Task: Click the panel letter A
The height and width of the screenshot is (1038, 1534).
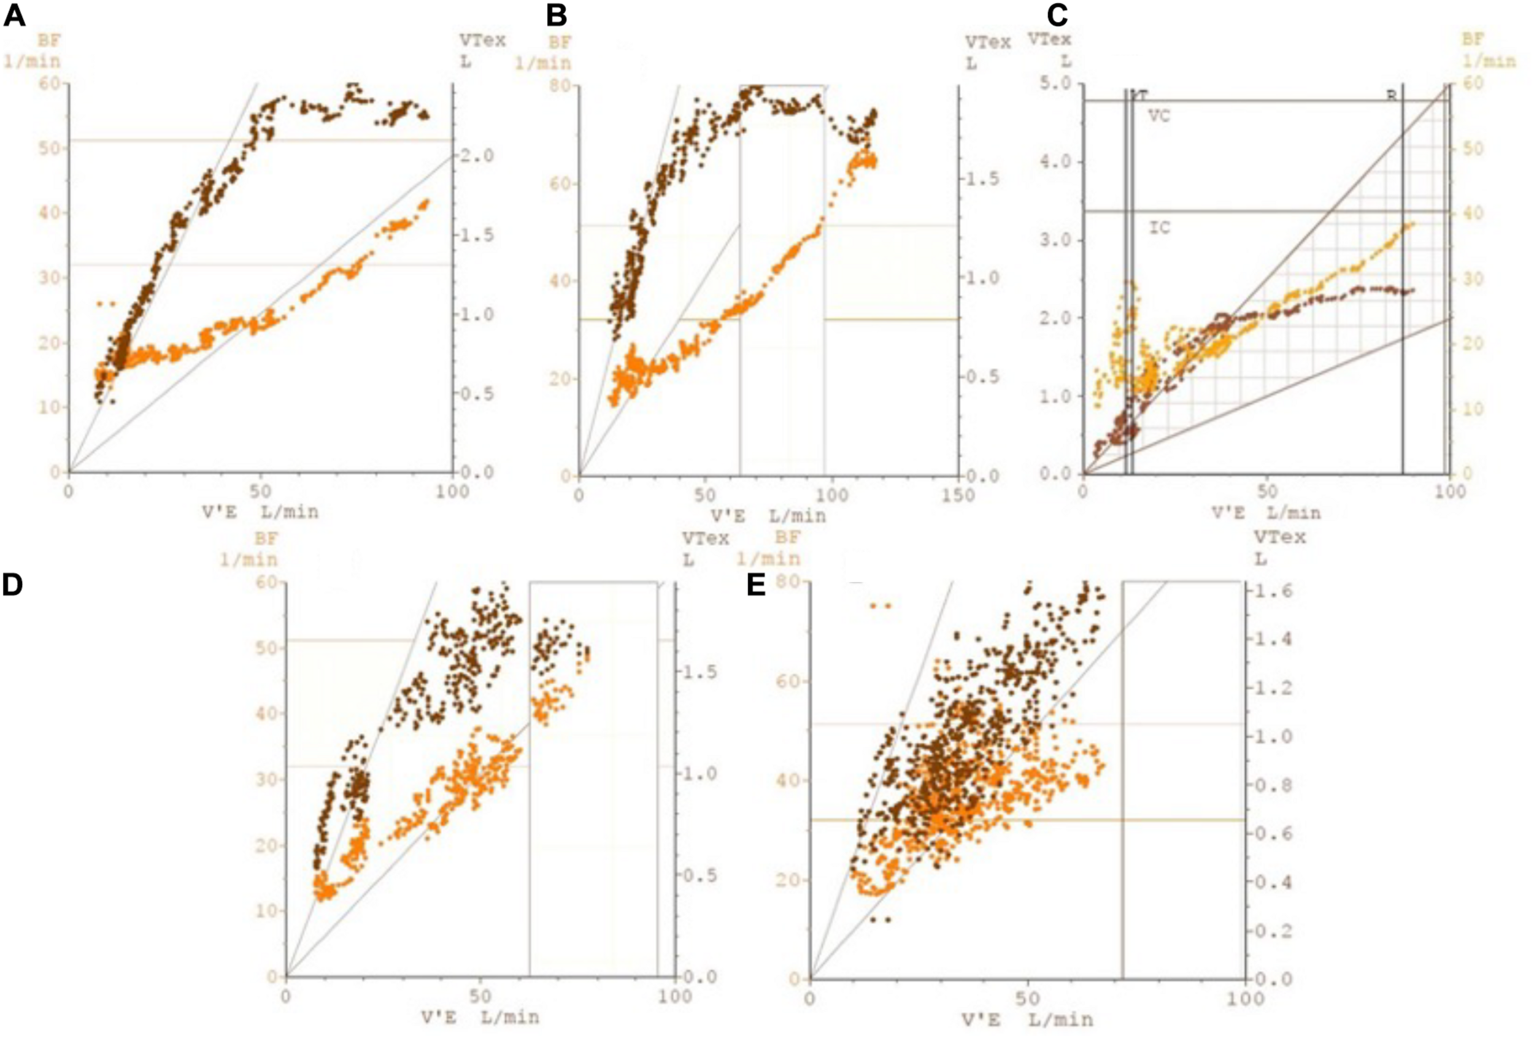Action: coord(14,15)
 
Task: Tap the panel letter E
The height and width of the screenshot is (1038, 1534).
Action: coord(756,586)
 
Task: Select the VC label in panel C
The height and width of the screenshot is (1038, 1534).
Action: coord(1159,116)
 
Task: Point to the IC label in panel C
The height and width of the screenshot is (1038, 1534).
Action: coord(1160,228)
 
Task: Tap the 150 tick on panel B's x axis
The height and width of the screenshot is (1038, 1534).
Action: coord(957,495)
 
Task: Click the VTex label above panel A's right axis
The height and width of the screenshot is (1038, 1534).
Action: coord(482,40)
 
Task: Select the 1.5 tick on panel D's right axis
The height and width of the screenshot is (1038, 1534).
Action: coord(698,672)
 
